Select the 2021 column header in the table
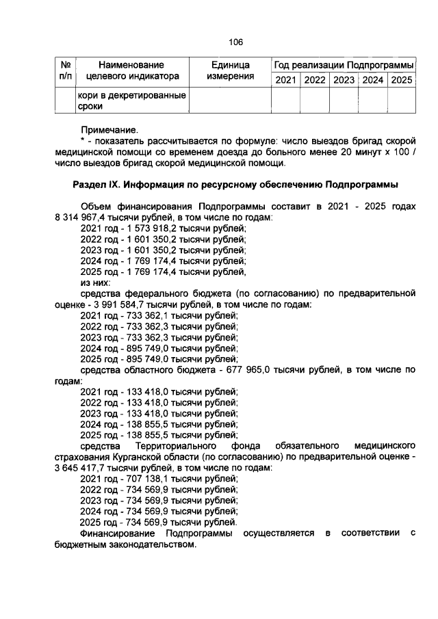point(286,80)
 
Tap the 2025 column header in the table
point(401,80)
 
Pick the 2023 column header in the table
point(344,80)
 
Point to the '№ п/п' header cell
point(66,70)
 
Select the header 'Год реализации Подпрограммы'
point(344,65)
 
